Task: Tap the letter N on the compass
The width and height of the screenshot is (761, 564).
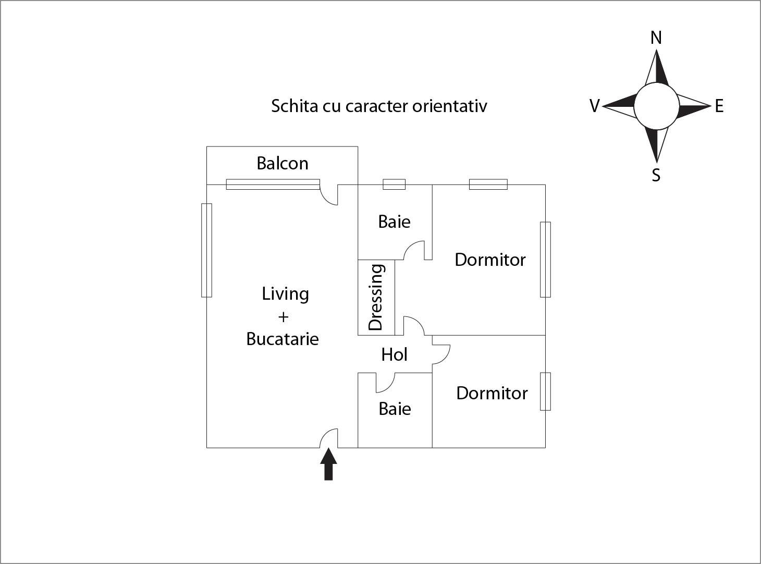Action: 656,38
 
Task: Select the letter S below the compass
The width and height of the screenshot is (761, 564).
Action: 656,175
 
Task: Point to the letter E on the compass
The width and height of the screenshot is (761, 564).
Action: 719,106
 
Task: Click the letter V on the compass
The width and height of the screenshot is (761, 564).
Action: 594,106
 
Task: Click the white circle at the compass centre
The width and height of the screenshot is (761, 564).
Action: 656,106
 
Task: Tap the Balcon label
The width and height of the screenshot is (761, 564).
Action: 283,164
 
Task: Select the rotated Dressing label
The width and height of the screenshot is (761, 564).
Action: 376,297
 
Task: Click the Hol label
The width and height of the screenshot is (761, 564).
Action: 394,355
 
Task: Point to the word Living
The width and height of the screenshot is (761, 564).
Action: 285,295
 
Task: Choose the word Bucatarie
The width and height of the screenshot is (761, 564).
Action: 283,339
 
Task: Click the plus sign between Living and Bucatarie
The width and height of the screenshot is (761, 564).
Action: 283,317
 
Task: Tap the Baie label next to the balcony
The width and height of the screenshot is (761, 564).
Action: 394,222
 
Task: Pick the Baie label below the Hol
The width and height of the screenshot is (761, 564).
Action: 395,409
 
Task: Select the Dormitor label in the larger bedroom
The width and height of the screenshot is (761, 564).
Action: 490,260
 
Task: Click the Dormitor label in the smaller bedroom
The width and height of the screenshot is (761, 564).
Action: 492,393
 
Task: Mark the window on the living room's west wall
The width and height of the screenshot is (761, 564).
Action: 206,250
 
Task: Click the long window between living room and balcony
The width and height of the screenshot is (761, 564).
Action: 273,184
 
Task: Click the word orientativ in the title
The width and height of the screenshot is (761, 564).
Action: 450,106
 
